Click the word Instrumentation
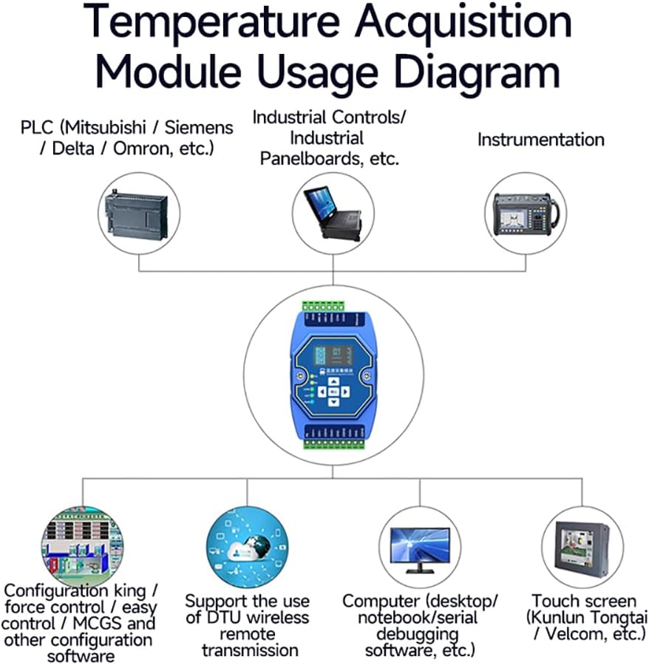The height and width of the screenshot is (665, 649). pos(540,140)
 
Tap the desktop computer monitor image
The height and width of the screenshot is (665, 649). pos(418,548)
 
